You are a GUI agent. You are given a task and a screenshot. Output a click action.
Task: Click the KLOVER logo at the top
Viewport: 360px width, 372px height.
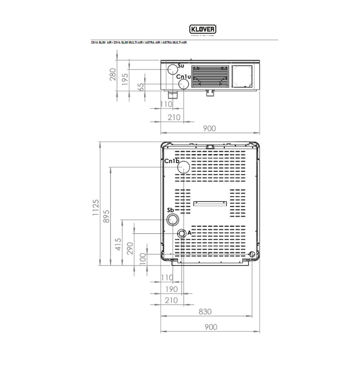pyautogui.click(x=202, y=29)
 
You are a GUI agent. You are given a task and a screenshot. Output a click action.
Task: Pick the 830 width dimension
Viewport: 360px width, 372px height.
pyautogui.click(x=205, y=312)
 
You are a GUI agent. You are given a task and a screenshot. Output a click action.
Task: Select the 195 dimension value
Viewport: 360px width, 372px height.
pyautogui.click(x=125, y=79)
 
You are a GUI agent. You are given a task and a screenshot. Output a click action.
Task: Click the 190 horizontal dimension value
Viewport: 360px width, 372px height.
pyautogui.click(x=171, y=289)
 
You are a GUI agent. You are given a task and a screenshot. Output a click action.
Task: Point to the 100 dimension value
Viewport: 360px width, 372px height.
pyautogui.click(x=142, y=259)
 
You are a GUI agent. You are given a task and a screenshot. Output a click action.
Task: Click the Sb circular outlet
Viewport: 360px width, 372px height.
pyautogui.click(x=173, y=219)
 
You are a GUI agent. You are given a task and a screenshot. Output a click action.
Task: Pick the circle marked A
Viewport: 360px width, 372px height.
pyautogui.click(x=182, y=234)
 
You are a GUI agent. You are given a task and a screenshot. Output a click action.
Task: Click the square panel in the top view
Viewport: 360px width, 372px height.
pyautogui.click(x=242, y=76)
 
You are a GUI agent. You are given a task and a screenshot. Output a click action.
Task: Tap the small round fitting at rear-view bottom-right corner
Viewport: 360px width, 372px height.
pyautogui.click(x=252, y=255)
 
